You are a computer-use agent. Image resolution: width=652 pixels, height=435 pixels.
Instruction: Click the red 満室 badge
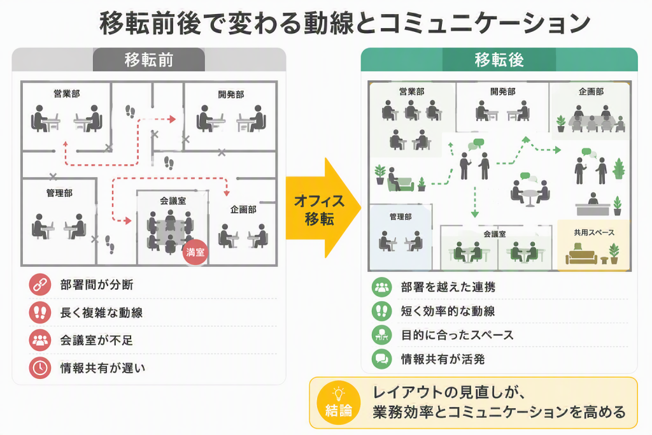pyautogui.click(x=195, y=252)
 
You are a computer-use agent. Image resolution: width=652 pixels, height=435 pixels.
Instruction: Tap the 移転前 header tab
pyautogui.click(x=149, y=60)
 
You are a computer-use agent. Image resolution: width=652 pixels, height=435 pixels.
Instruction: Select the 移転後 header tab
pyautogui.click(x=499, y=60)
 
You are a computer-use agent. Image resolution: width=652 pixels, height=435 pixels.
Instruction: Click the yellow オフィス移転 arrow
pyautogui.click(x=323, y=208)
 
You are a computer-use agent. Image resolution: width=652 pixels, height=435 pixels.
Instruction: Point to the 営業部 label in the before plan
pyautogui.click(x=67, y=94)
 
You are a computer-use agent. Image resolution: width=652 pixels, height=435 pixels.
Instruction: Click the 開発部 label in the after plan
pyautogui.click(x=503, y=92)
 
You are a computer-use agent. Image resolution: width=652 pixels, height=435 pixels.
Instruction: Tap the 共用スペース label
pyautogui.click(x=594, y=232)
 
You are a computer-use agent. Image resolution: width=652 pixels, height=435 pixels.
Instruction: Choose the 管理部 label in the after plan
pyautogui.click(x=400, y=217)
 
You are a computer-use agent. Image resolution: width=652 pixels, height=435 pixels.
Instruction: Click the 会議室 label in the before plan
pyautogui.click(x=173, y=201)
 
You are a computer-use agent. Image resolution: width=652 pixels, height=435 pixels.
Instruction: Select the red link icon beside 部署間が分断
pyautogui.click(x=40, y=285)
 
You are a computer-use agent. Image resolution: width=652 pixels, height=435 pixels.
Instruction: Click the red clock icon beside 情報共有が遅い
pyautogui.click(x=40, y=368)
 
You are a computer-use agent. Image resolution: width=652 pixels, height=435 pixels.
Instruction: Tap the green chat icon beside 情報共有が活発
pyautogui.click(x=382, y=359)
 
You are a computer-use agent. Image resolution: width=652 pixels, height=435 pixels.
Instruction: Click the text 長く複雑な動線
pyautogui.click(x=101, y=312)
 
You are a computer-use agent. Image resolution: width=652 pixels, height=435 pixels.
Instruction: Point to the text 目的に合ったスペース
pyautogui.click(x=457, y=335)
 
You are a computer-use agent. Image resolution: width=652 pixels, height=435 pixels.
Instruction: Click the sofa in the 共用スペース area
pyautogui.click(x=581, y=255)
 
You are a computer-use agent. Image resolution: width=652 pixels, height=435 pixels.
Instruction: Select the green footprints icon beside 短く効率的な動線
pyautogui.click(x=382, y=311)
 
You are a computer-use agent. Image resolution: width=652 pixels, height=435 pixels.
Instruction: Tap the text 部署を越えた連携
pyautogui.click(x=448, y=287)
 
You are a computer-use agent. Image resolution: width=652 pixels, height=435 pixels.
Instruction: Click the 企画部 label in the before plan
pyautogui.click(x=243, y=210)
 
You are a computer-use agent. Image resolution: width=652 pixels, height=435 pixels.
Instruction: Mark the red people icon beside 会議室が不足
pyautogui.click(x=40, y=340)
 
